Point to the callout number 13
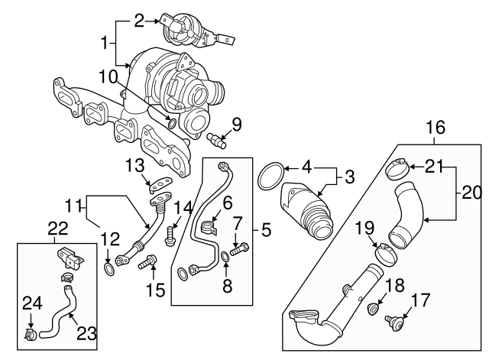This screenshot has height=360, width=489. tap(134, 166)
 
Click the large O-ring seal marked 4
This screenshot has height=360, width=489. tap(268, 176)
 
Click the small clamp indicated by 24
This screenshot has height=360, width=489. tap(30, 334)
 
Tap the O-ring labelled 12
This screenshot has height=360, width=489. tap(111, 268)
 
